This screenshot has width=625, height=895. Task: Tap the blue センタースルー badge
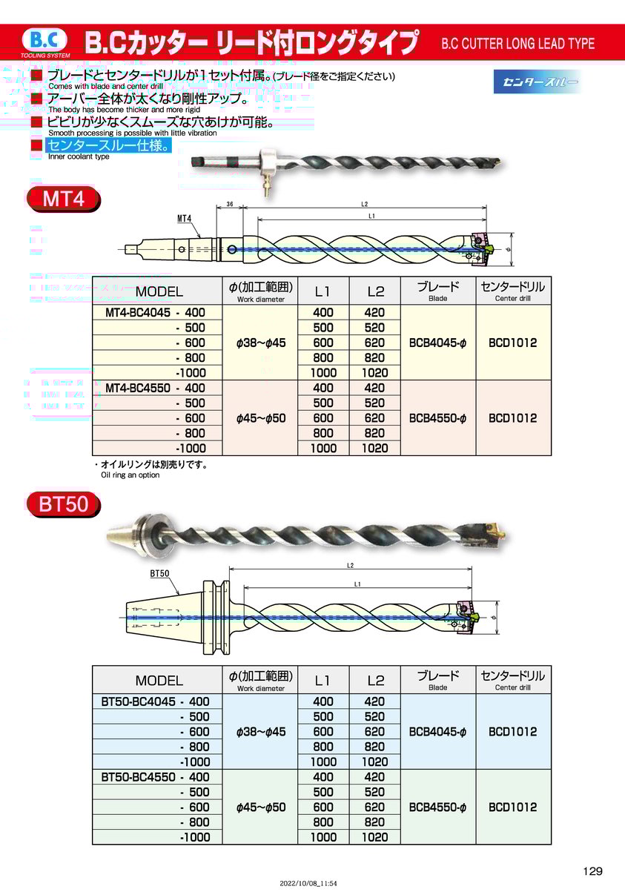pos(537,82)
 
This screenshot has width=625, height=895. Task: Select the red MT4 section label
pos(63,199)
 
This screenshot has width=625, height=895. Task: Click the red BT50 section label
pos(63,505)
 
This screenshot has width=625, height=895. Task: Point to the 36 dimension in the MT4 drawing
pos(230,204)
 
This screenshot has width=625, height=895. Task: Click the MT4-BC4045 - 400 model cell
pos(155,313)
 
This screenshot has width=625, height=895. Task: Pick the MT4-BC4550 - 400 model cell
pos(155,388)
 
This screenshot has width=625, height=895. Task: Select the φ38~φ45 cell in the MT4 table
pos(260,343)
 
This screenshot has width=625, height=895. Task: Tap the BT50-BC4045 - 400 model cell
pos(155,701)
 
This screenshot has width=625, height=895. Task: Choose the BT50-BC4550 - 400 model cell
pos(155,777)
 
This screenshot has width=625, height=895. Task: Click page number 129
pos(592,871)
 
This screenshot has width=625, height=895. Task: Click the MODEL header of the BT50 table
pos(159,680)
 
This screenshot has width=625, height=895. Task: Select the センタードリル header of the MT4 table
pos(513,290)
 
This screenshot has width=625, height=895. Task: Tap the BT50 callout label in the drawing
pos(159,573)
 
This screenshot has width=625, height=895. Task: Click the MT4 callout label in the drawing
pos(185,218)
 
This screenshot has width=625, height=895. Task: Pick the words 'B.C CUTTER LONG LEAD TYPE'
pos(517,43)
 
